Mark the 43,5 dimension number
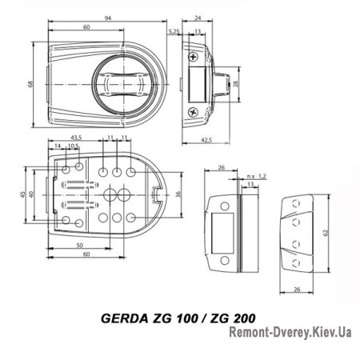click(66, 139)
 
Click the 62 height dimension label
click(326, 233)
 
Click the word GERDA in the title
click(122, 317)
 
